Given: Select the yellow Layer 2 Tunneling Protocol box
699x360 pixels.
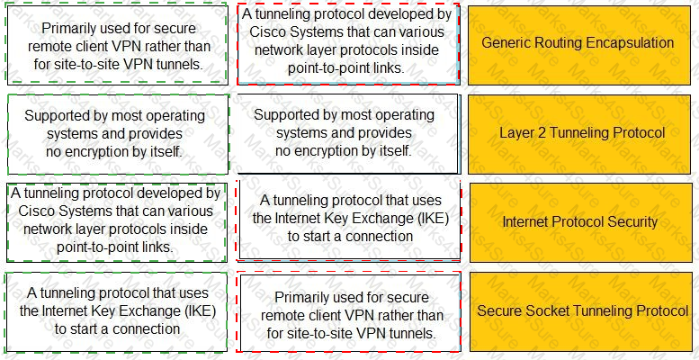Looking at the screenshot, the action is click(x=579, y=134).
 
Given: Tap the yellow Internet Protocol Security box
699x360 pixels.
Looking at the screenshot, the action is click(x=579, y=222).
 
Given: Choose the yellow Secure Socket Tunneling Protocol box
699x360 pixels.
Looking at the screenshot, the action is click(x=581, y=311).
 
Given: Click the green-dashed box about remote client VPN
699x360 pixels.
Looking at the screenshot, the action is click(x=117, y=44).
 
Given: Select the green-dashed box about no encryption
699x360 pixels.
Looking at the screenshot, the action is click(x=118, y=134).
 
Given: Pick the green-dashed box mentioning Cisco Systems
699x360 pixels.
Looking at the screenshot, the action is click(x=116, y=221).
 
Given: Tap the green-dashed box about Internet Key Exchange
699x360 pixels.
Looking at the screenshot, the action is click(x=118, y=311).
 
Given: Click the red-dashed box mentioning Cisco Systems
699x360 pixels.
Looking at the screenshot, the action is click(x=348, y=44).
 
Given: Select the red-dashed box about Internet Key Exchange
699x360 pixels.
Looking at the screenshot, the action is click(x=349, y=220).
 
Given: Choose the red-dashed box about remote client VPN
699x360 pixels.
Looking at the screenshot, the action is click(x=349, y=312).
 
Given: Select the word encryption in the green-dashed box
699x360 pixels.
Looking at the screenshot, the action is click(x=107, y=152).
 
